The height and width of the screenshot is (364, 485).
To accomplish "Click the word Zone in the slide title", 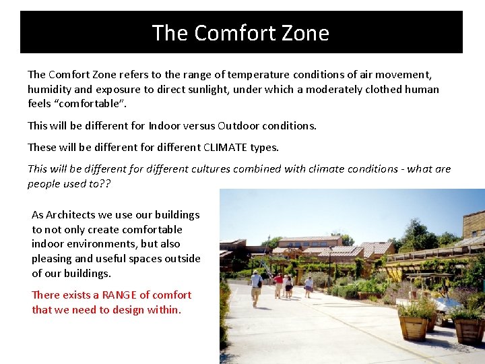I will pyautogui.click(x=306, y=33).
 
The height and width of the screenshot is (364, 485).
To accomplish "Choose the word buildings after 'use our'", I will pyautogui.click(x=177, y=214).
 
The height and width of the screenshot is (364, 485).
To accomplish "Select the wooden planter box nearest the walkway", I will pyautogui.click(x=413, y=326).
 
